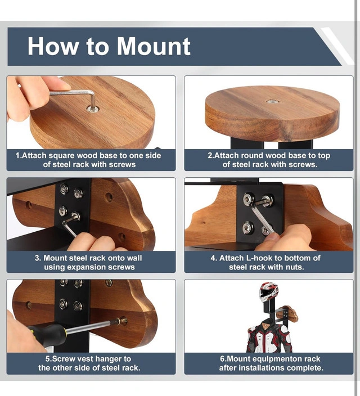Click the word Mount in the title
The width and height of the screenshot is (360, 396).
[154, 46]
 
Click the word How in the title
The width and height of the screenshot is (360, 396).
[53, 46]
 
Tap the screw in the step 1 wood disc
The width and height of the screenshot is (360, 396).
[92, 109]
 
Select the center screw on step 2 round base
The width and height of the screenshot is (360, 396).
[272, 101]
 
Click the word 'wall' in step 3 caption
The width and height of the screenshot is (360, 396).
[134, 258]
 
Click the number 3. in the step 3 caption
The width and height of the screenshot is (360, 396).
[38, 258]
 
